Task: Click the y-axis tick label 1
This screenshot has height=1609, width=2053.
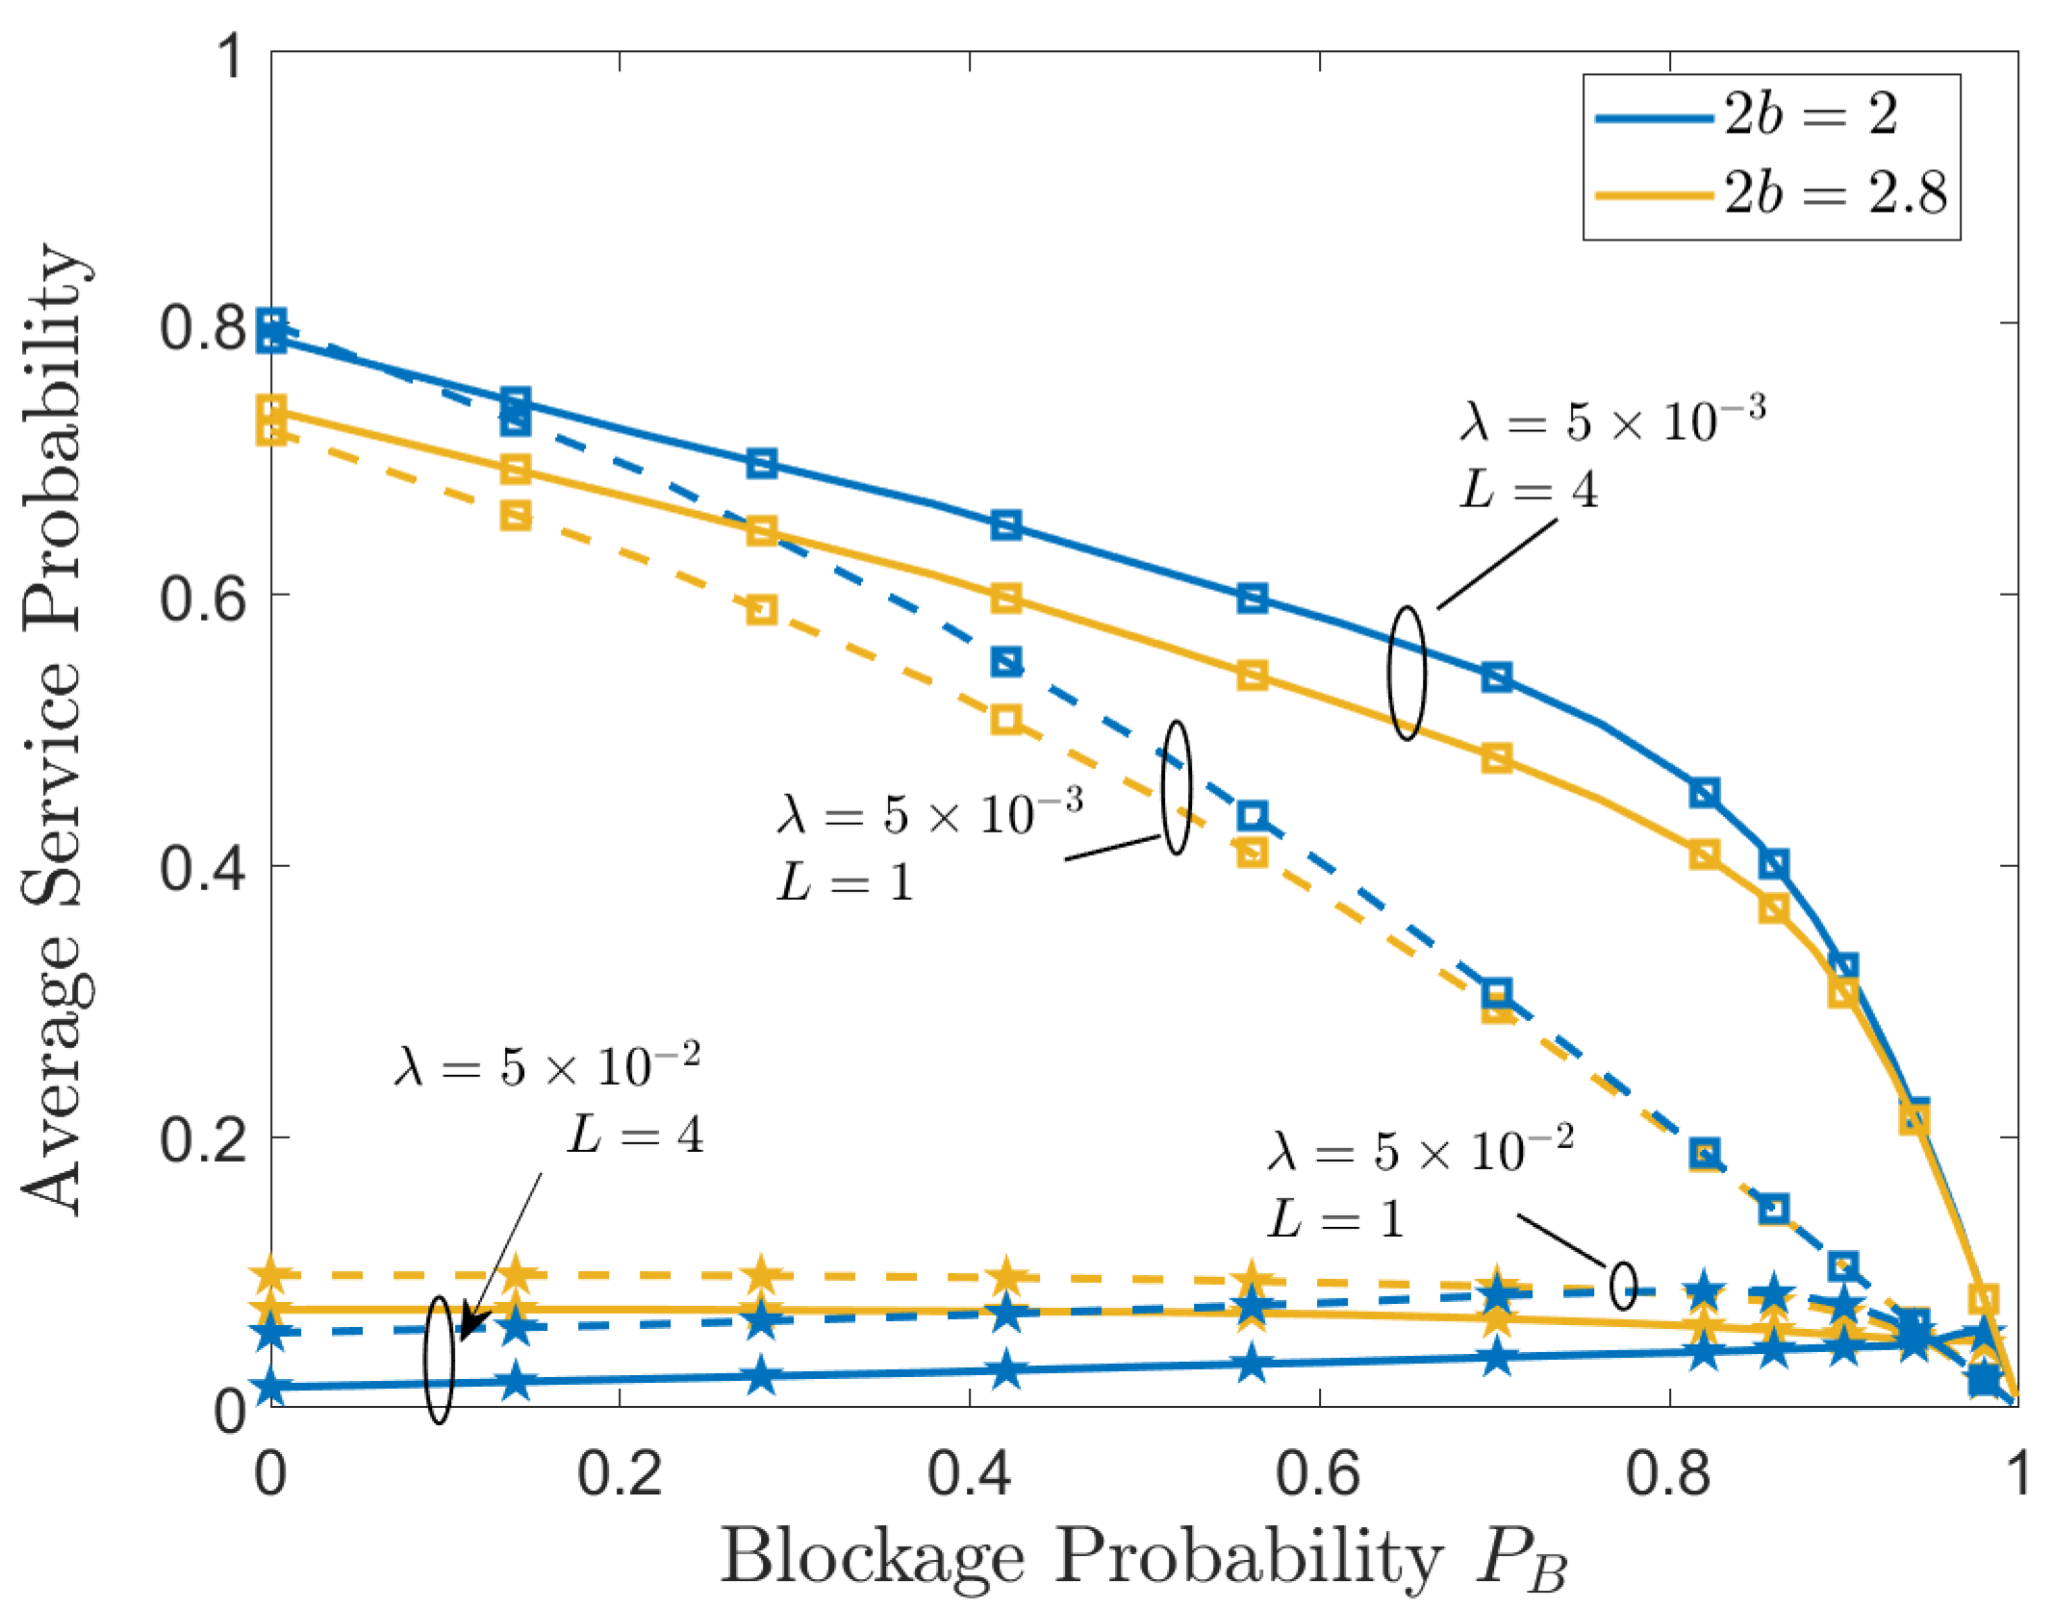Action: click(230, 56)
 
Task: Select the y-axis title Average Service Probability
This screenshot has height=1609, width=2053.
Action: click(58, 731)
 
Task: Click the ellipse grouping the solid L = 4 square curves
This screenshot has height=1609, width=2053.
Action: click(1407, 674)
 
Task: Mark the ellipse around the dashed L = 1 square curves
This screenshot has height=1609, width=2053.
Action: click(1176, 787)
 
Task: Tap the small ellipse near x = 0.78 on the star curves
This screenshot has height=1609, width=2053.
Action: click(1623, 1286)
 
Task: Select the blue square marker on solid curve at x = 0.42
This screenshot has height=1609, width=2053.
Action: click(1005, 525)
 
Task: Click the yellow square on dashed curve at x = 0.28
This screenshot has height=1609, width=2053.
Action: click(761, 609)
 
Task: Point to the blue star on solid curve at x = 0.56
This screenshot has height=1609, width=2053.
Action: click(1251, 1364)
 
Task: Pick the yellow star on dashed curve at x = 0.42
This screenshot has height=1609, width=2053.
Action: click(1005, 1277)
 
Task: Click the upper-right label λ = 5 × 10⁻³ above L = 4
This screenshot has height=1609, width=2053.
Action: click(1611, 421)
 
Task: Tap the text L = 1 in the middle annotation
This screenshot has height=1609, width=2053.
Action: click(845, 883)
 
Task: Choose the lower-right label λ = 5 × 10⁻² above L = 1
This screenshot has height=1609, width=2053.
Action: click(1420, 1151)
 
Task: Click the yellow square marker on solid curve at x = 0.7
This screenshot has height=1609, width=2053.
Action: click(1496, 758)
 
